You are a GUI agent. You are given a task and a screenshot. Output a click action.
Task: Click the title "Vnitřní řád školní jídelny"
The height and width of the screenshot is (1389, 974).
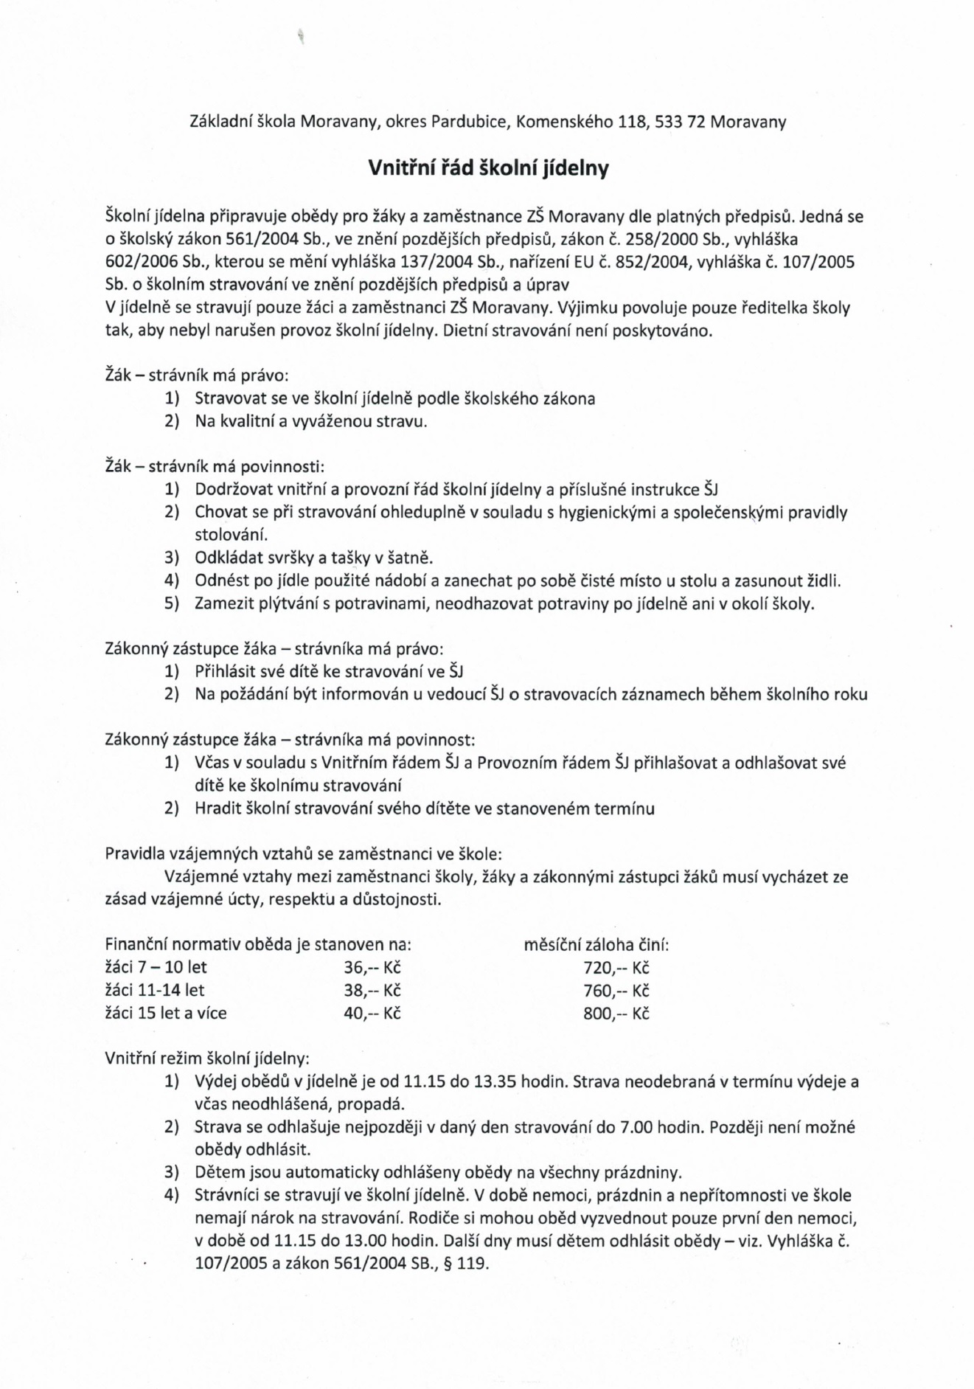tap(488, 169)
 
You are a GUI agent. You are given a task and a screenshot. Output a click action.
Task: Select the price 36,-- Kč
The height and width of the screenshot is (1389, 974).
tap(372, 968)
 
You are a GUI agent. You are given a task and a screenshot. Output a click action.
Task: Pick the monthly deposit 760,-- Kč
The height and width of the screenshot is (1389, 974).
tap(616, 991)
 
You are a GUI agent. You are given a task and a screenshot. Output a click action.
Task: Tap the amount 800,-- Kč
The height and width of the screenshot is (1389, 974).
tap(616, 1014)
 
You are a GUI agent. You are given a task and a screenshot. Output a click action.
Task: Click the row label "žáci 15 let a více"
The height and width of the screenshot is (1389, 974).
tap(166, 1014)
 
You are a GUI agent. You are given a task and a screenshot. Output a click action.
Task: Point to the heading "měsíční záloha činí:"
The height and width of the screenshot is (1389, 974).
tap(596, 945)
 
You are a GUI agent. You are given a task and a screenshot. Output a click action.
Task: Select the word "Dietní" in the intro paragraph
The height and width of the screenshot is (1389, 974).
tap(465, 330)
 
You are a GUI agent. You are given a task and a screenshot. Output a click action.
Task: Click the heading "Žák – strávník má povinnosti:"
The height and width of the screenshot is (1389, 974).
tap(215, 467)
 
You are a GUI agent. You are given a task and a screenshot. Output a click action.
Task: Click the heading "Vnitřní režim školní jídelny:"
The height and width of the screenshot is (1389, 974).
tap(207, 1059)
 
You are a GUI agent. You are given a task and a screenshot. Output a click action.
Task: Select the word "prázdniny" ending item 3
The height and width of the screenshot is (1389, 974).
tap(642, 1173)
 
